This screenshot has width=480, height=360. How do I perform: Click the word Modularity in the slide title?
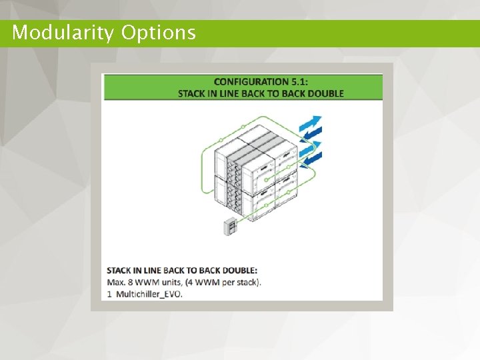click(x=63, y=33)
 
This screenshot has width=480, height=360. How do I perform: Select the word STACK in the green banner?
click(x=192, y=93)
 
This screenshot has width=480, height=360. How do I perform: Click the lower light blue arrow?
click(x=310, y=148)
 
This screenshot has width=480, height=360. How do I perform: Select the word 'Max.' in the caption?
click(x=117, y=282)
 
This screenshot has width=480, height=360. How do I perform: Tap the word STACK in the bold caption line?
click(x=119, y=271)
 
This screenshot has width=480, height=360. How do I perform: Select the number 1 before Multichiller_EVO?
click(x=109, y=293)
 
